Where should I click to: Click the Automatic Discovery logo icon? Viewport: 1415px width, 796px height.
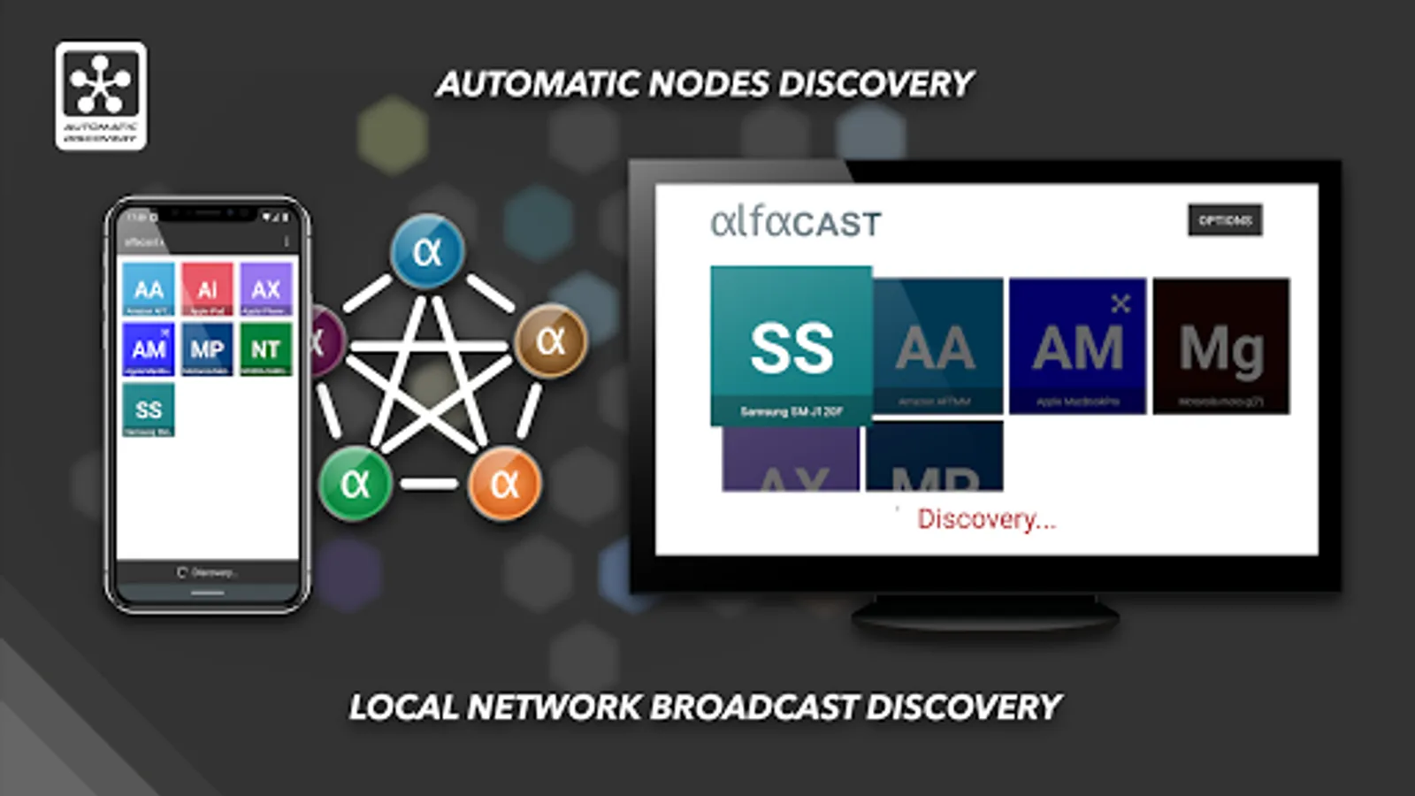pos(101,96)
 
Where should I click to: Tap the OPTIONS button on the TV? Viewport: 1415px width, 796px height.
pos(1225,220)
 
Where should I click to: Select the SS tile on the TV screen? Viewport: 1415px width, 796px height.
pos(792,346)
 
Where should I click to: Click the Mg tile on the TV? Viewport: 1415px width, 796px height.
pos(1221,347)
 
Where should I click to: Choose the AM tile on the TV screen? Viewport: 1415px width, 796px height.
pos(1077,347)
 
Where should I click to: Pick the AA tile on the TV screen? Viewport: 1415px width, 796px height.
pos(937,347)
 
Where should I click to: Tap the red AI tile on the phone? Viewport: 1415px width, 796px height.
pos(207,289)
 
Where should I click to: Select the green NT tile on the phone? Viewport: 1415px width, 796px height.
pos(265,349)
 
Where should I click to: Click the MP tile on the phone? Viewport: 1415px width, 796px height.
pos(207,349)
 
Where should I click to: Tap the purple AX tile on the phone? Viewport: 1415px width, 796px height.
pos(265,289)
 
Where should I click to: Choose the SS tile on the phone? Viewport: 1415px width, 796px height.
pos(149,409)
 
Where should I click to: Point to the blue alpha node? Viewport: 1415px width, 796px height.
pos(427,252)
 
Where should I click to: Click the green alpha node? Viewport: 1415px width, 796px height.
pos(356,483)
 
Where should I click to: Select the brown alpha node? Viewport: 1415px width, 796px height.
pos(550,341)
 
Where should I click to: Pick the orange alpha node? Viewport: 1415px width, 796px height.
pos(504,483)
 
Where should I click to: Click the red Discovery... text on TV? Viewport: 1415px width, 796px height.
pos(986,518)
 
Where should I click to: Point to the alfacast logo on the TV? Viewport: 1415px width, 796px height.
pos(796,222)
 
